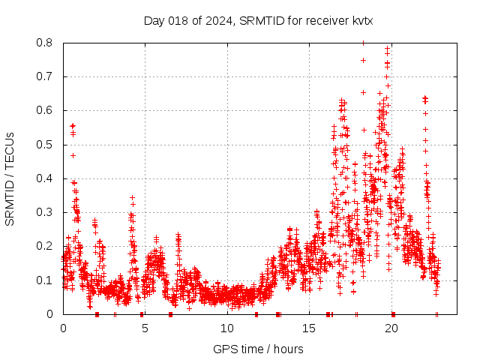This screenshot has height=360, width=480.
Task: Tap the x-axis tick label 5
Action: tap(145, 328)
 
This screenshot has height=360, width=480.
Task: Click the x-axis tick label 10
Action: tap(227, 328)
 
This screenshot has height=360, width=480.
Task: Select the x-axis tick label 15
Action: tap(309, 328)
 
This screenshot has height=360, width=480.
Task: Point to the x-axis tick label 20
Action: tap(391, 328)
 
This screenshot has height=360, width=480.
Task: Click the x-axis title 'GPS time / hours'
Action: tap(258, 349)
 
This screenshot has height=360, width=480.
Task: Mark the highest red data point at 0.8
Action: tap(363, 43)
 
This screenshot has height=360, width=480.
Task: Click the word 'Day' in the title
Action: tap(154, 20)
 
